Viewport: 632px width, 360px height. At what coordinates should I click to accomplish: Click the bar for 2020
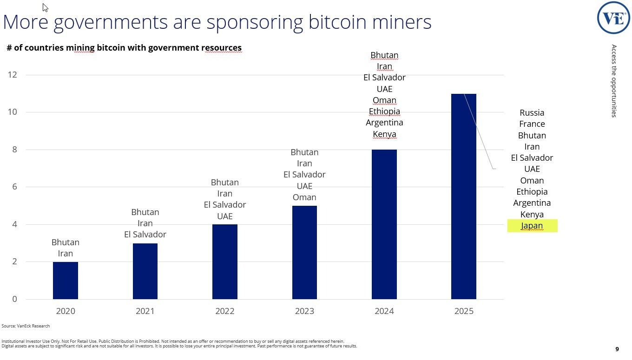[66, 281]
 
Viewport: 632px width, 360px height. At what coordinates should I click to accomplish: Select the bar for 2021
[145, 271]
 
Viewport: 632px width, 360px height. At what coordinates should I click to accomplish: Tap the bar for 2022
[225, 262]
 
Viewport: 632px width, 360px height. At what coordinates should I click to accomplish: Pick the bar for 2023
[304, 252]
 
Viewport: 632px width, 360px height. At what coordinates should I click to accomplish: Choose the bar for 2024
[384, 224]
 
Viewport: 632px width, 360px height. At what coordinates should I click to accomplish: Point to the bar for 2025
[464, 196]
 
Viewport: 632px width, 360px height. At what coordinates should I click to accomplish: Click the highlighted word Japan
[532, 226]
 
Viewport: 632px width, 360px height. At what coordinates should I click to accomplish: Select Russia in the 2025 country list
[532, 113]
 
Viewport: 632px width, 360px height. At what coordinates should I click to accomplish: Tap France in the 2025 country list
[532, 124]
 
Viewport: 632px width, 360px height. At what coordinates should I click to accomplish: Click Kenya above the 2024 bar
[384, 134]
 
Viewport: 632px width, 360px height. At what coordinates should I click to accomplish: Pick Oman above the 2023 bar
[304, 197]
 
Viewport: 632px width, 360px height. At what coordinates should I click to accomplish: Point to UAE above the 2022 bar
[225, 216]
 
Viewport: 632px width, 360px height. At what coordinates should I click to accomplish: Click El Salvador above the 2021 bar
[145, 235]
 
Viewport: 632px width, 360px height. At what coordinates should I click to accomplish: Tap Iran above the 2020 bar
[66, 254]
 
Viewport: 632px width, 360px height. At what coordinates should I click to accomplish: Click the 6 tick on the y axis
[14, 187]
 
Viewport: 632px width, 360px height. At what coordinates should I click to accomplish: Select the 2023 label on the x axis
[304, 311]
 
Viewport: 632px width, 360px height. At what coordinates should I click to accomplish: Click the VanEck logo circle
[613, 18]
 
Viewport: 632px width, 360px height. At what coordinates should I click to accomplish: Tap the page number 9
[617, 349]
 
